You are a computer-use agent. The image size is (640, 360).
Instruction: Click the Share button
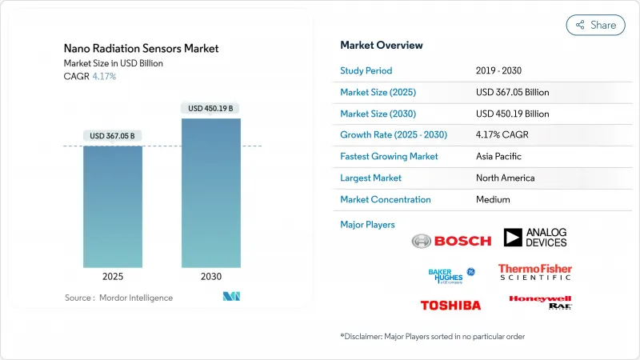coord(596,25)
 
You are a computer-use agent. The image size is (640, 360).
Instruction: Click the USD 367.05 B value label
coord(113,136)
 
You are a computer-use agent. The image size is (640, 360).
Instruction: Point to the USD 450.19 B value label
coord(211,108)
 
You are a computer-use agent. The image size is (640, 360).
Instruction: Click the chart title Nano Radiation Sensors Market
coord(141,49)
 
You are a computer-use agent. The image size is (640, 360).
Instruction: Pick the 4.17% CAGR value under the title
coord(104,77)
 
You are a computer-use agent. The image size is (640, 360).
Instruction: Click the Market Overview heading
coord(382,46)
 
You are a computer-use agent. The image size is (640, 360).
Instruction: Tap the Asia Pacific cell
coord(499,157)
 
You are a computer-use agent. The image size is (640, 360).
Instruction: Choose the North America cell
coord(505,178)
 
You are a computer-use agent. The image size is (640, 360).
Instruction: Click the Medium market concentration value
coord(493,199)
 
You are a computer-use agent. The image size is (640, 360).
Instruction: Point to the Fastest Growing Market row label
coord(389,157)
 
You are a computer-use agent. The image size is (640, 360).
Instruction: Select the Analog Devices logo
coord(535,238)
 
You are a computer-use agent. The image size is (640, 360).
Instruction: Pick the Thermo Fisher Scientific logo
coord(535,272)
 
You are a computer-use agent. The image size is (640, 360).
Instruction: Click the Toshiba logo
coord(450,305)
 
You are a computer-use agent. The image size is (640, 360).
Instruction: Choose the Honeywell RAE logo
coord(540,302)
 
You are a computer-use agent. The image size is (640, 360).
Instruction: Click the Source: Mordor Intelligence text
coord(118,298)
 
